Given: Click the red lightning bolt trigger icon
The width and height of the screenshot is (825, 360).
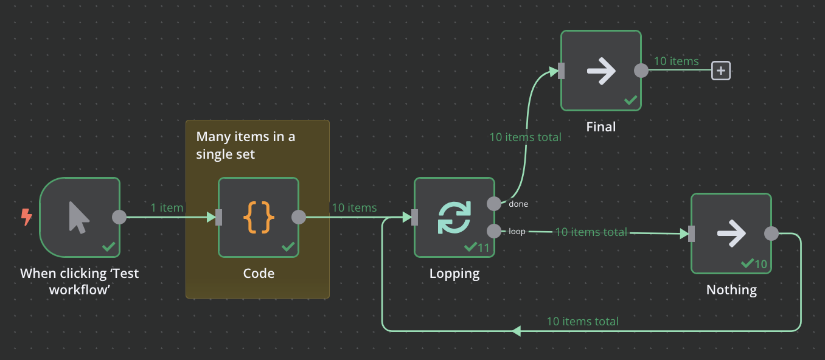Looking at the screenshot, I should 27,217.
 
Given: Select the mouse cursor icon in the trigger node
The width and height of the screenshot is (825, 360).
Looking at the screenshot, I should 79,217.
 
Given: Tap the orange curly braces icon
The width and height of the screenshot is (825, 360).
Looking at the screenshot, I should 259,217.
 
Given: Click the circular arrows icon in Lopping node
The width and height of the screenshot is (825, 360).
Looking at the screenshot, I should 454,218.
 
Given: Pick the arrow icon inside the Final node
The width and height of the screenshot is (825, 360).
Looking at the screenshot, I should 601,71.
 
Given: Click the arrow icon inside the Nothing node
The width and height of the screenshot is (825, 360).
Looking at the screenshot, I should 731,234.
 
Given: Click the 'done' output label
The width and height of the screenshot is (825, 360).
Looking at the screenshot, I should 519,204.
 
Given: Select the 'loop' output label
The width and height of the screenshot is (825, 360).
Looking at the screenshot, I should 517,232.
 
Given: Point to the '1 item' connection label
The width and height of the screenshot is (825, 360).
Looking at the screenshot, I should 167,208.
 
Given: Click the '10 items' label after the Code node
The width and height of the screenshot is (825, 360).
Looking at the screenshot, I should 354,208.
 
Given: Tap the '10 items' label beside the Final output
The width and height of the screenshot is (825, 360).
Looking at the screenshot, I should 676,61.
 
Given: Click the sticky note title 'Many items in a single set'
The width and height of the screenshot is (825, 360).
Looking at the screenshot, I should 245,145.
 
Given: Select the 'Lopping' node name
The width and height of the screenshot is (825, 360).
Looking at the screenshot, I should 454,274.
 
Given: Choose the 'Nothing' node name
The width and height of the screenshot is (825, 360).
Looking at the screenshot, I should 731,290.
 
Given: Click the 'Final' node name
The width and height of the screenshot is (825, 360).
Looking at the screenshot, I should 601,127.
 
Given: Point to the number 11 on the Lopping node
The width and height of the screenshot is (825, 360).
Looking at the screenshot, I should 484,247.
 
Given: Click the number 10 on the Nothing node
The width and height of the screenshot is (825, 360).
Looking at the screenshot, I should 761,264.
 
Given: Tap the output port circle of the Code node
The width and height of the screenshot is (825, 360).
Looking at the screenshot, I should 299,217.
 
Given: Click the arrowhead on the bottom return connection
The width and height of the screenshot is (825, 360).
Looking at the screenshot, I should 517,331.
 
